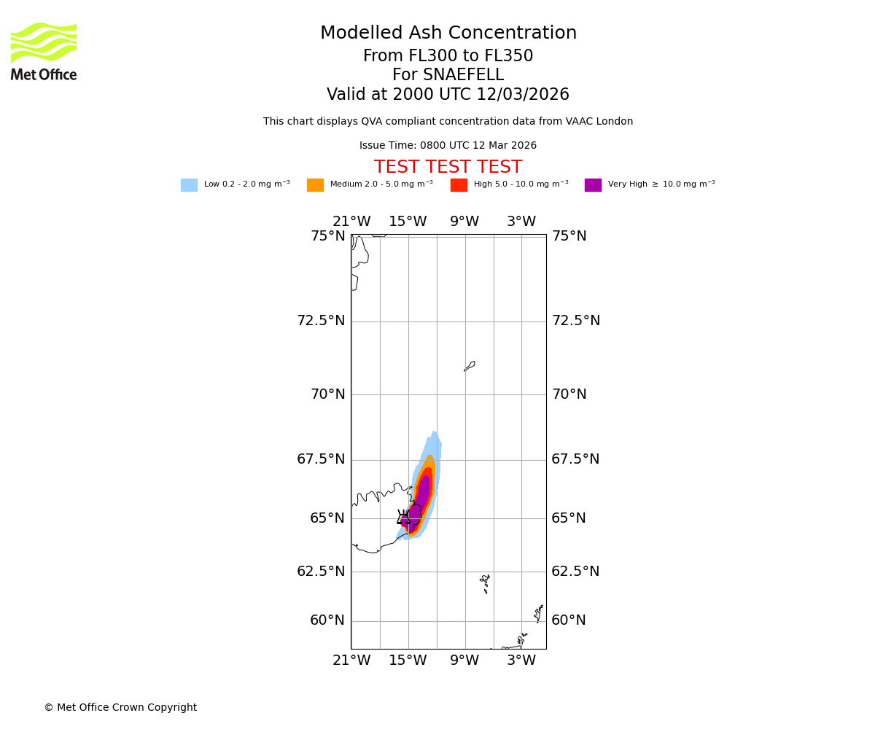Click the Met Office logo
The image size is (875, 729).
[44, 51]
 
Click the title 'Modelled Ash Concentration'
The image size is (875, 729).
[448, 34]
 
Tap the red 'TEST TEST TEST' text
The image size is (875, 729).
[448, 167]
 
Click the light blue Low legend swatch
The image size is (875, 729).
[189, 185]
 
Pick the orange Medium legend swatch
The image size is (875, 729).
[315, 185]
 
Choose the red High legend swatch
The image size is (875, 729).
[459, 185]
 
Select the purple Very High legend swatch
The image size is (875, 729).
[593, 185]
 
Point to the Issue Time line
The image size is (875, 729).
[448, 146]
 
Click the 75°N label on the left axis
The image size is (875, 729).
[328, 236]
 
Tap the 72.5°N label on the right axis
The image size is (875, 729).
[576, 321]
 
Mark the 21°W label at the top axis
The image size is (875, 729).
[351, 222]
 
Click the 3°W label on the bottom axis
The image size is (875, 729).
[521, 660]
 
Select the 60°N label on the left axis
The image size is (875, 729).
[328, 620]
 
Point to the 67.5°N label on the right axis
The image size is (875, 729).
[576, 459]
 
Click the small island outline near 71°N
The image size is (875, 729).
[470, 366]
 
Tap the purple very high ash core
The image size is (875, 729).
[421, 496]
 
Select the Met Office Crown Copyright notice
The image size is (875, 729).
[120, 708]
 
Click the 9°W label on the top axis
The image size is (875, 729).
[464, 222]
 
